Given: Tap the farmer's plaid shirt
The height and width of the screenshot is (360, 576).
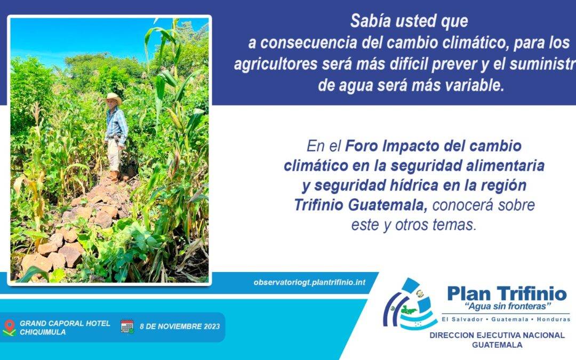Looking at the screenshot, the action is [117, 122].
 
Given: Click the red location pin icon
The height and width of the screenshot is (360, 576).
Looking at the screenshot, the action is [10, 326].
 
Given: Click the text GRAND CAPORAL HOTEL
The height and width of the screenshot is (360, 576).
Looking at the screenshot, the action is [65, 323].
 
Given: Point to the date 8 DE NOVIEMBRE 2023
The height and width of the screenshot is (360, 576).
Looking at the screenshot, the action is [180, 326].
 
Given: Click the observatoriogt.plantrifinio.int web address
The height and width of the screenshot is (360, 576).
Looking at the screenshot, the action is [309, 283].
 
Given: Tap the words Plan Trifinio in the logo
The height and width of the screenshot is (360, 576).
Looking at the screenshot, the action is [507, 293].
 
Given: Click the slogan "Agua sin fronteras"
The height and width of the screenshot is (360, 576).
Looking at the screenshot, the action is [508, 306].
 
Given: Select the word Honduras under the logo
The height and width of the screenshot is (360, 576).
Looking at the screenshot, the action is [554, 319].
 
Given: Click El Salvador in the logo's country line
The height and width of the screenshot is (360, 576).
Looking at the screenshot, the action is [462, 319].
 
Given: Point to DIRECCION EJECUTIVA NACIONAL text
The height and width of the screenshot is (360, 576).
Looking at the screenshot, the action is [497, 335].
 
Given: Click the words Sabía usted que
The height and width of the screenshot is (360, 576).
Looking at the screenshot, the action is [409, 21].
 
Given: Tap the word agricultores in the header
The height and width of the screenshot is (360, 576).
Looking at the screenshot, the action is [276, 65].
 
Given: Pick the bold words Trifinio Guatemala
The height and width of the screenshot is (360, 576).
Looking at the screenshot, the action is [361, 205].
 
